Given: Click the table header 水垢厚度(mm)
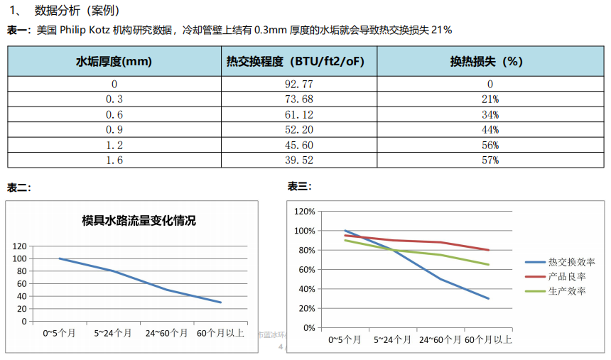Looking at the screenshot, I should click(x=114, y=62).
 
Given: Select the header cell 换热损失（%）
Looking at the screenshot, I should click(x=487, y=62).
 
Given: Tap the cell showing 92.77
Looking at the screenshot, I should click(x=298, y=84).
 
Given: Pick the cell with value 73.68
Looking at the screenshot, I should click(x=298, y=99).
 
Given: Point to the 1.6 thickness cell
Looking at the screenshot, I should click(x=114, y=160).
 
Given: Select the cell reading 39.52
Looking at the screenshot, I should click(x=298, y=160).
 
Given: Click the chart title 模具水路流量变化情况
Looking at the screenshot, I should click(x=139, y=220).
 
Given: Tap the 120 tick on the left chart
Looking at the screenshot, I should click(x=19, y=246).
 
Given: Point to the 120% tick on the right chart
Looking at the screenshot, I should click(x=303, y=212).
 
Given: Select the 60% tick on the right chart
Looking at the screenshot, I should click(x=305, y=270).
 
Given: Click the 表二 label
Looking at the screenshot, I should click(x=19, y=188).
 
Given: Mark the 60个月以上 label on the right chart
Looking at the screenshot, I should click(x=489, y=340).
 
